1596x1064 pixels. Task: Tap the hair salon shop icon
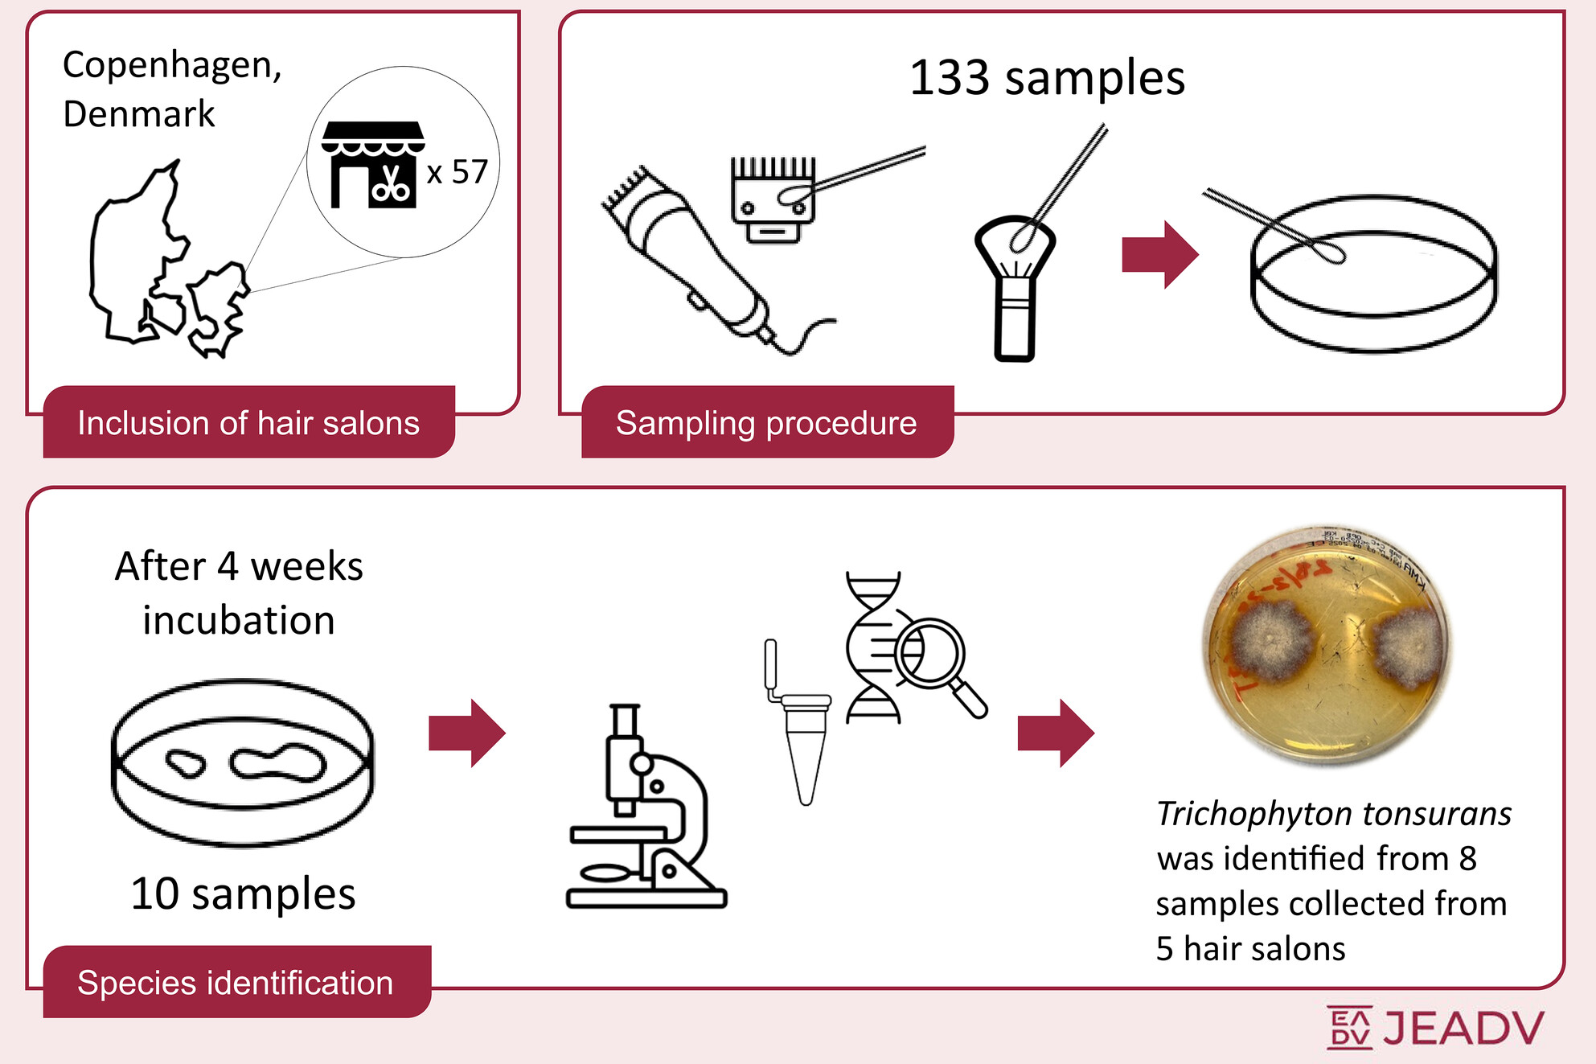pos(373,165)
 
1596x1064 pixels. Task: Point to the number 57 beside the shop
pos(470,172)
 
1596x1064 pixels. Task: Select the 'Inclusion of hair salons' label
pos(248,423)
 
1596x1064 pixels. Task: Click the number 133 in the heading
pos(949,79)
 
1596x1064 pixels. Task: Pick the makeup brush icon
pos(1014,290)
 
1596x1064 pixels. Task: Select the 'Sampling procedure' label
pos(766,423)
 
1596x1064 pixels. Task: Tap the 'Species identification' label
pos(236,983)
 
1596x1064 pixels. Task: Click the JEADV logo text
pos(1463,1029)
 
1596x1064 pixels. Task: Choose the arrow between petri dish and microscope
pos(467,733)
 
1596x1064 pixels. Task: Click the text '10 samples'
pos(243,894)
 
